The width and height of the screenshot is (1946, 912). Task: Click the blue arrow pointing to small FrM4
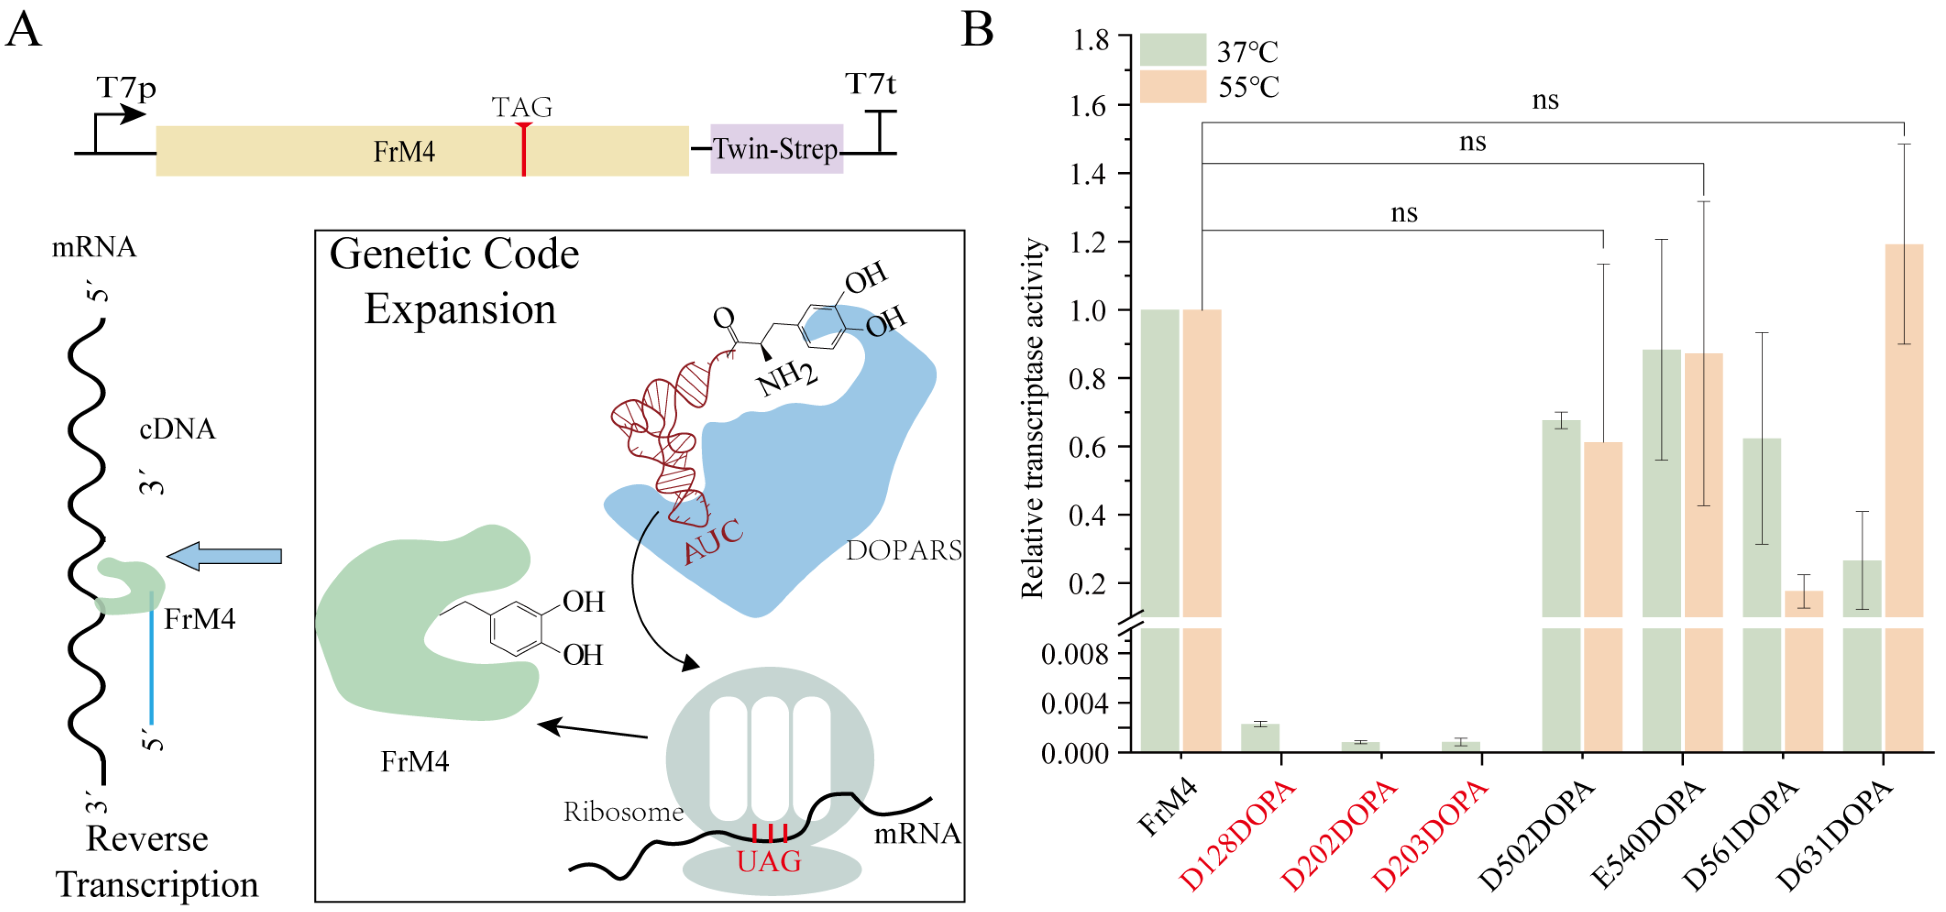(224, 556)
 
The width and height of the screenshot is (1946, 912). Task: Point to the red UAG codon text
(768, 862)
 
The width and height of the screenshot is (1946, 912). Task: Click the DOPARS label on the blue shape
(904, 550)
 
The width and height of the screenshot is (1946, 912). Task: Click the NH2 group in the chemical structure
(786, 377)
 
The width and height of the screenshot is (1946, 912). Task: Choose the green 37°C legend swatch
(1172, 50)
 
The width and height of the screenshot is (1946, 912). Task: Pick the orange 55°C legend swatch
(1172, 86)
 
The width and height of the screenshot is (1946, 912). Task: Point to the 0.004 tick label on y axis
(1074, 704)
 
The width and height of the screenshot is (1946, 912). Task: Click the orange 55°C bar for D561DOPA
(1803, 604)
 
